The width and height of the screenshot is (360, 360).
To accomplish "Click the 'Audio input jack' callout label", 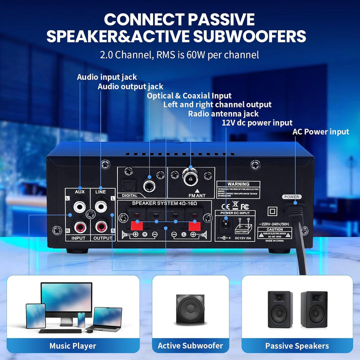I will (x=106, y=77).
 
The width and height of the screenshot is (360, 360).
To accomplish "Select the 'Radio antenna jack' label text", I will (x=223, y=113).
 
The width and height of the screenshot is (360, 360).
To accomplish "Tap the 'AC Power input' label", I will (x=320, y=132).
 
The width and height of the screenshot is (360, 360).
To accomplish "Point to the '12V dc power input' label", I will (x=257, y=122).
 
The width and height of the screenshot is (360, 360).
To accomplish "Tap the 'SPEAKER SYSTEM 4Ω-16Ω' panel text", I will (x=163, y=204).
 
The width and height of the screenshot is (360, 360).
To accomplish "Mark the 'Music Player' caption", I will (x=72, y=345).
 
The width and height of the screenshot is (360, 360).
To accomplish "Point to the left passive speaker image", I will (x=280, y=309).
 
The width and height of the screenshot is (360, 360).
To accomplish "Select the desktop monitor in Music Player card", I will (x=66, y=299).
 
